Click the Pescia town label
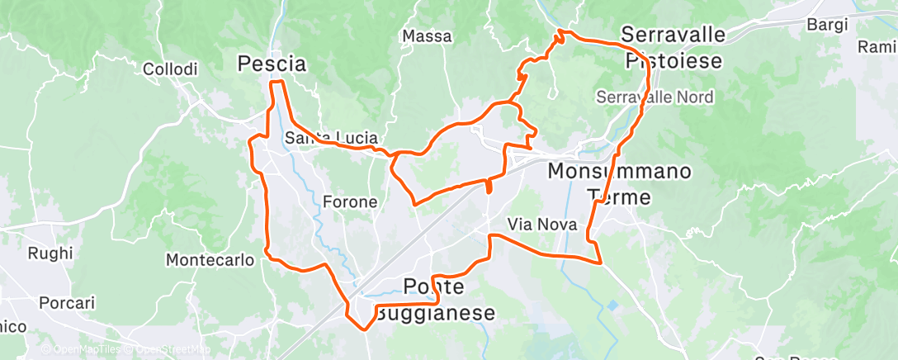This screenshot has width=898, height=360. (x=272, y=64)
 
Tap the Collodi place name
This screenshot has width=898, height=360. (x=170, y=70)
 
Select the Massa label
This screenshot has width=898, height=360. (x=427, y=36)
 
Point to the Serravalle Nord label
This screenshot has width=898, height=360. (x=655, y=97)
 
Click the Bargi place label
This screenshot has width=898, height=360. (x=827, y=25)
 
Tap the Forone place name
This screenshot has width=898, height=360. (x=350, y=202)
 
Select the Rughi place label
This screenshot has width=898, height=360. (x=50, y=253)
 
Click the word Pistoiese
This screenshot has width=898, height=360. (x=673, y=61)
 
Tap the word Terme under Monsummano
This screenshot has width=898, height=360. (x=619, y=197)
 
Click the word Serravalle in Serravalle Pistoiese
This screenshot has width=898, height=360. (x=673, y=36)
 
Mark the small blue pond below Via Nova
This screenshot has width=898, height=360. (x=613, y=306)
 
